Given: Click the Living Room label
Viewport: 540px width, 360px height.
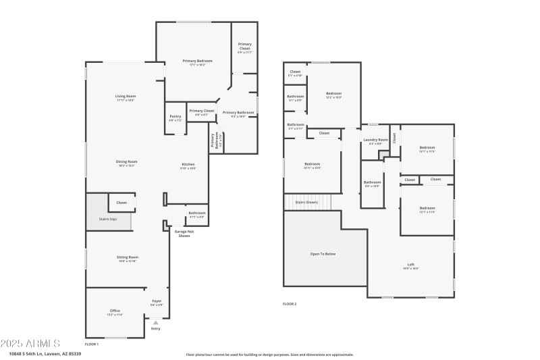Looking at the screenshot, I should pos(126,97).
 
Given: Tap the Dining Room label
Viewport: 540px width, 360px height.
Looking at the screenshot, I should pos(126,161).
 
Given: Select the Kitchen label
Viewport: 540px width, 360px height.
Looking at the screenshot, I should pos(188,165).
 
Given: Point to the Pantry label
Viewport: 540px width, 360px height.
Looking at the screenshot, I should pos(175,116).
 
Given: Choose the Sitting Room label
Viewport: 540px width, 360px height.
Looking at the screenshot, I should pos(128,257).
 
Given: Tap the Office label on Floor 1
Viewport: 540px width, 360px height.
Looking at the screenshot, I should pos(115,311).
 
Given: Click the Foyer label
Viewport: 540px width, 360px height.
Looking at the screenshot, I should pos(157,301).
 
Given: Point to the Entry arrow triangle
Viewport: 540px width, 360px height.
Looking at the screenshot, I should pos(156,322).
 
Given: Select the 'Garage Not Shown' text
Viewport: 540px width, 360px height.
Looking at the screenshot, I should pos(183,234).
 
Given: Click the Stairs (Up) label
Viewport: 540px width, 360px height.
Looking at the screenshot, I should pos(109,220).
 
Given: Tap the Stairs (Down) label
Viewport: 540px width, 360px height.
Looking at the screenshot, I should pos(307,202).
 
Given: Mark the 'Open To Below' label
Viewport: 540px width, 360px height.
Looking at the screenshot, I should pos(323,254).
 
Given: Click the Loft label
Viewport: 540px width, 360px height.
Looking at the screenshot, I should pos(411,264).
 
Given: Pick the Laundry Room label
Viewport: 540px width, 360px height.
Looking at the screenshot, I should pos(375,140).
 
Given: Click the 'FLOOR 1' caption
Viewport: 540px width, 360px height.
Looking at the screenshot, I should pos(92,344).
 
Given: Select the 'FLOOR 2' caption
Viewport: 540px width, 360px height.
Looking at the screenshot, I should pos(290,304).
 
